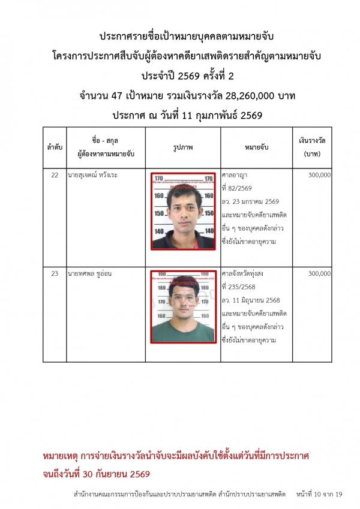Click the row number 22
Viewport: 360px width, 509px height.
tap(55, 175)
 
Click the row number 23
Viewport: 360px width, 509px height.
tap(55, 274)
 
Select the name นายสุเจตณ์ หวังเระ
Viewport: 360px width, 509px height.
tap(95, 175)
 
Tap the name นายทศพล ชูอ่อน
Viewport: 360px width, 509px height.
tap(91, 274)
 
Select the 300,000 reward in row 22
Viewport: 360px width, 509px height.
tap(319, 175)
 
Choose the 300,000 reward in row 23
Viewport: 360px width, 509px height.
tap(319, 274)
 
